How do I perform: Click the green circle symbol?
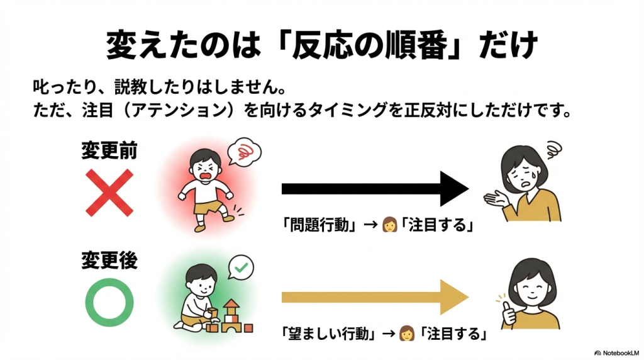(x=109, y=301)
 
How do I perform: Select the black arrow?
(x=374, y=188)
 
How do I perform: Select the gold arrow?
(x=374, y=295)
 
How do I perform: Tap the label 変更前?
(x=109, y=152)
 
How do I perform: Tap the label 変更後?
(x=109, y=260)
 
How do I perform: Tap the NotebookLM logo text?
(x=619, y=352)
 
